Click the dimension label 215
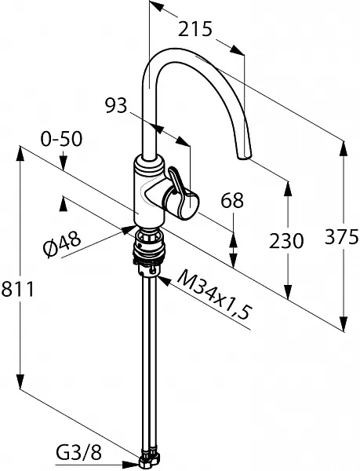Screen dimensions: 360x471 click(x=195, y=29)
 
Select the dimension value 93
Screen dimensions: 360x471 click(x=116, y=106)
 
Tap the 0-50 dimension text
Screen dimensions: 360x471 click(x=61, y=140)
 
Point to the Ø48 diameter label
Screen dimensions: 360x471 click(x=62, y=244)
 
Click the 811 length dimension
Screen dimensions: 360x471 click(x=17, y=289)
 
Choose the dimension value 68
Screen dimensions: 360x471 click(x=232, y=200)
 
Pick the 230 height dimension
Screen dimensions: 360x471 click(x=286, y=241)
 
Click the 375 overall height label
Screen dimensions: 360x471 click(x=342, y=236)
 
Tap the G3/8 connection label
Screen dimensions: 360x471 click(x=79, y=453)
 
